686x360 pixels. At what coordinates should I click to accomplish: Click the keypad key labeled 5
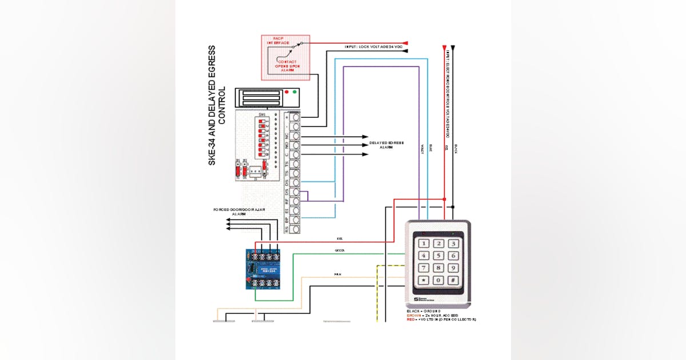438,256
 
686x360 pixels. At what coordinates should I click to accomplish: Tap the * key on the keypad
424,281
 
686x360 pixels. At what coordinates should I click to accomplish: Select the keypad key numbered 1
424,244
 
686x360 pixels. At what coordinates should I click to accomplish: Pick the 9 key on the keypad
452,268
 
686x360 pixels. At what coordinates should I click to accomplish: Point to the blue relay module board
265,269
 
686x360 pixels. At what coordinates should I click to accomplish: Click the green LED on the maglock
294,91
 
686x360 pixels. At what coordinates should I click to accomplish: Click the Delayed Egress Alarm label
386,145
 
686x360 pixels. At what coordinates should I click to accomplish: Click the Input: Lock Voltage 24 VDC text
373,46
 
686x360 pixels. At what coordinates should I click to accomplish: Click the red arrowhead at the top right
405,43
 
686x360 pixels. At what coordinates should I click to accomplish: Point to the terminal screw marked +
296,118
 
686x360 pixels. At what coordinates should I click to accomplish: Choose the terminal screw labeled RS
296,229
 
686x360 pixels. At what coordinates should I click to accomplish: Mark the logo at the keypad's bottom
424,299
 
